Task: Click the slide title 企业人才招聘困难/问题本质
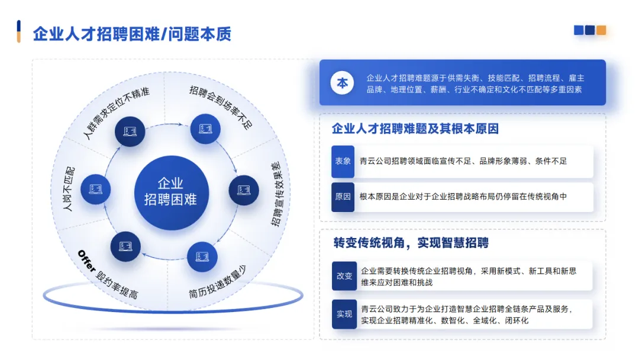point(131,34)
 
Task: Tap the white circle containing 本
point(343,83)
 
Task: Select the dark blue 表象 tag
point(343,161)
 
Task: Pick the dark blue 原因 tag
point(343,197)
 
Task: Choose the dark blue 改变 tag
point(344,276)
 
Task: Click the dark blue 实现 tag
point(344,314)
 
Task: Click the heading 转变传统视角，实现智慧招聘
point(411,243)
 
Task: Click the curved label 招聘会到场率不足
point(221,107)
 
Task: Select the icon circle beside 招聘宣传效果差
point(244,190)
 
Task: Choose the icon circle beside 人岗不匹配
point(95,189)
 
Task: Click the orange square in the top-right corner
point(601,30)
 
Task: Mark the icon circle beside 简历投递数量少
point(202,256)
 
